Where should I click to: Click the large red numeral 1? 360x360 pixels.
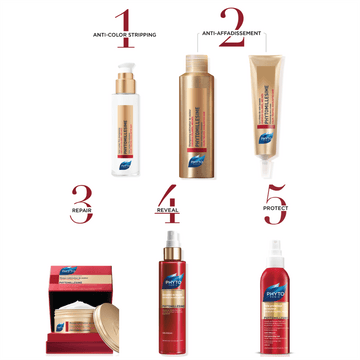point(123,22)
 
